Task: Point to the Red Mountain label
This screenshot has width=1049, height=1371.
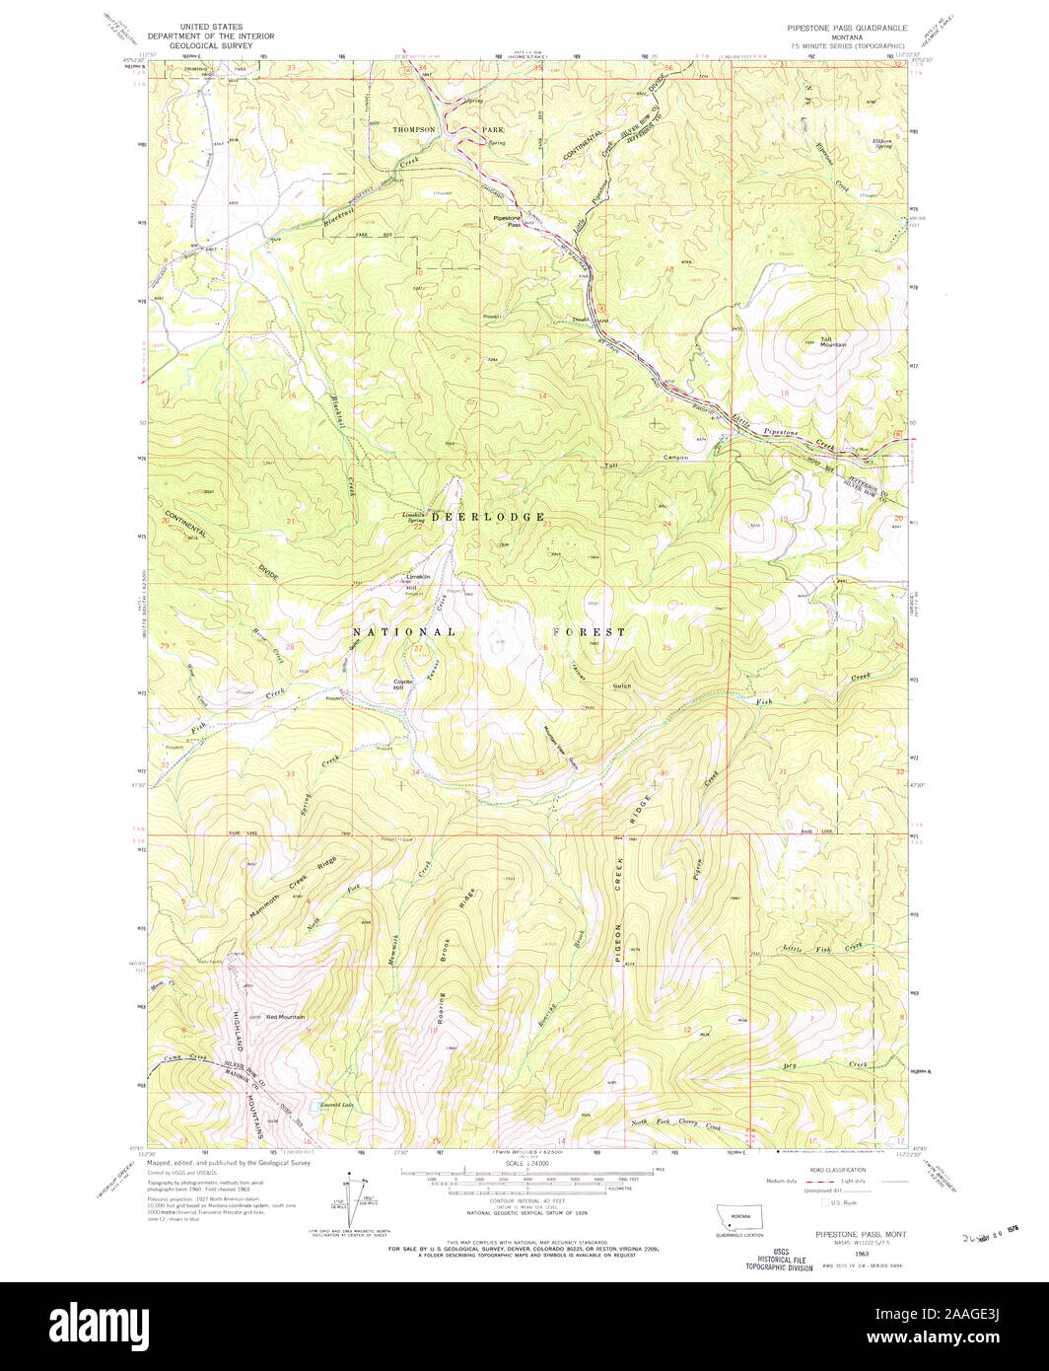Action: click(x=285, y=1017)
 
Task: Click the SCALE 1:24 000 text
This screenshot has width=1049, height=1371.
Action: click(x=524, y=1163)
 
